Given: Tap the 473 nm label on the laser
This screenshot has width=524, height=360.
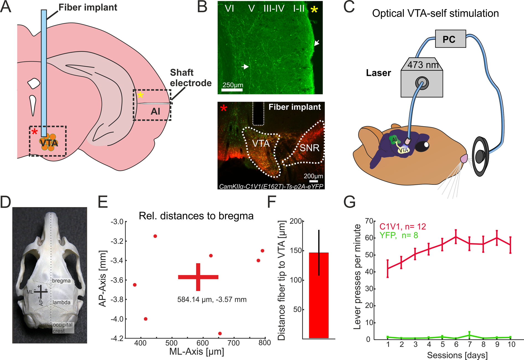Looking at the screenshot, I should point(423,65).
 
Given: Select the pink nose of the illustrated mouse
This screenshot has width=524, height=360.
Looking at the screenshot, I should point(464,159).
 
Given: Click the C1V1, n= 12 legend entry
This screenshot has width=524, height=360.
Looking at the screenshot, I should point(402,227).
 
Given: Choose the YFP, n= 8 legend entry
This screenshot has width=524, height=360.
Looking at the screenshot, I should point(398,235).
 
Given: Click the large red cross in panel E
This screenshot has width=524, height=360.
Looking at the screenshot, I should point(198,277).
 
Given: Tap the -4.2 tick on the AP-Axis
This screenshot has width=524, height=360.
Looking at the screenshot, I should point(117,339).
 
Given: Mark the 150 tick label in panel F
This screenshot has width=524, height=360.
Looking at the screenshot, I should point(296,251).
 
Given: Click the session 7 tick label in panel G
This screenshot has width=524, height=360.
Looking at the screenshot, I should point(470,345).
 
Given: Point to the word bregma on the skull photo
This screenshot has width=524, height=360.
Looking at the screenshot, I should point(61,281).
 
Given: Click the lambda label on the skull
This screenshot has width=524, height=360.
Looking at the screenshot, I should point(61,302).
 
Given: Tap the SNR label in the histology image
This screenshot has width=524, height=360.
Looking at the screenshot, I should point(309,148).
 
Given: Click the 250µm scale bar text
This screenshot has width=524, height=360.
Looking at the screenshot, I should point(233,85).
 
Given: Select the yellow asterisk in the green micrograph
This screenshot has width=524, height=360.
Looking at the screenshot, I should point(314,10).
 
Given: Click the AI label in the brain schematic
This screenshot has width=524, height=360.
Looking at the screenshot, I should point(155,112).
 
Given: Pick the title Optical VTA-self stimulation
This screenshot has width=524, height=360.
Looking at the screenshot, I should point(435,13).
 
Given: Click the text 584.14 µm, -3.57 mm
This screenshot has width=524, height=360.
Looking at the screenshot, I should point(212,300).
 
